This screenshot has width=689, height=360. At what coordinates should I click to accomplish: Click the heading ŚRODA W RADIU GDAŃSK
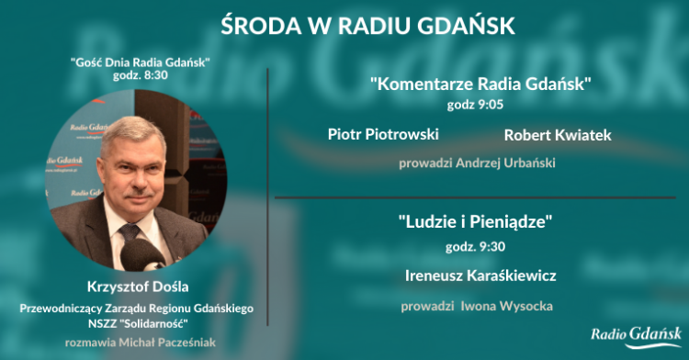coord(367,25)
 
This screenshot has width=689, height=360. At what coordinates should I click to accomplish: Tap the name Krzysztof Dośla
coord(138,287)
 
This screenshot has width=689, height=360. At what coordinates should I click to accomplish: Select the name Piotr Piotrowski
coord(383,134)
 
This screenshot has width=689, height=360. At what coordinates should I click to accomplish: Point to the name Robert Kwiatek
coord(558,135)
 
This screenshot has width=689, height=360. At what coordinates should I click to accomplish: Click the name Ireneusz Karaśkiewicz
coord(480,276)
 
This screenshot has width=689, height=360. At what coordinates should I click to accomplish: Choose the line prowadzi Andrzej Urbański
coord(477,163)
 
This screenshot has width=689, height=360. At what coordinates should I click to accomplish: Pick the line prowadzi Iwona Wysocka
coord(477,306)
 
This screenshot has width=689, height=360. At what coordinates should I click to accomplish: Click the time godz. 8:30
coord(141,75)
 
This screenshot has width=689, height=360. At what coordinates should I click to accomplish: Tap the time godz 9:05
coord(476,105)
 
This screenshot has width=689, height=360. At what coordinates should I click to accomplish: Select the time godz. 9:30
coord(476,247)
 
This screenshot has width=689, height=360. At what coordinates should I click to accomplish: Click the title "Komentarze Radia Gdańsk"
coord(480,84)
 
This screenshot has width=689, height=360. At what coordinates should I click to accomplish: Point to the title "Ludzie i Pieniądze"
coord(475,221)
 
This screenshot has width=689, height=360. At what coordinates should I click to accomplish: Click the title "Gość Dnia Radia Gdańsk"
coord(141,62)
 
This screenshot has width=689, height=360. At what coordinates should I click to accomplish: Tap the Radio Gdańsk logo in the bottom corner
coord(637,337)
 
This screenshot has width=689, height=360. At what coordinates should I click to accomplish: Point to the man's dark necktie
coord(130,233)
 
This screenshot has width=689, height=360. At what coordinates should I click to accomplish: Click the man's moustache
coord(138,193)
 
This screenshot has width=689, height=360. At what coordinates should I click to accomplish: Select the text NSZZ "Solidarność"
coord(138,324)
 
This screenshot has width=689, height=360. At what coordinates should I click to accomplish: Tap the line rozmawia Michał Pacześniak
coord(141,343)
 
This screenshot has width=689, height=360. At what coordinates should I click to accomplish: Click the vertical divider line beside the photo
coord(267,197)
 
